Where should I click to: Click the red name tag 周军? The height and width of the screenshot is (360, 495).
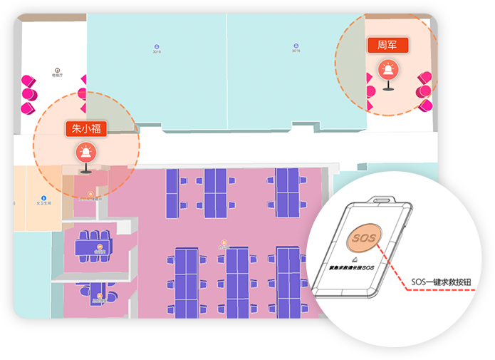pos(387,45)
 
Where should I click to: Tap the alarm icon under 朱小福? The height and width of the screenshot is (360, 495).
pos(85,153)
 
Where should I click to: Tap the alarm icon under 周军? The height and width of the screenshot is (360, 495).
pos(387,69)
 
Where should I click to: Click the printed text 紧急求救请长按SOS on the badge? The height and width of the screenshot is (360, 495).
pos(350,265)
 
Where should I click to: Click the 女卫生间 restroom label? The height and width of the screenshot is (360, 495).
pos(43,202)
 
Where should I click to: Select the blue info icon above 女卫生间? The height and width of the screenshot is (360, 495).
pos(43,196)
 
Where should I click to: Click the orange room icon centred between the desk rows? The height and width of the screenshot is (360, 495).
pos(224,243)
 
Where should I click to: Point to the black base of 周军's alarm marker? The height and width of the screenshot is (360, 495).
pos(387,88)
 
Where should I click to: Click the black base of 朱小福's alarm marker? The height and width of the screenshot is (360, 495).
pos(85,171)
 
